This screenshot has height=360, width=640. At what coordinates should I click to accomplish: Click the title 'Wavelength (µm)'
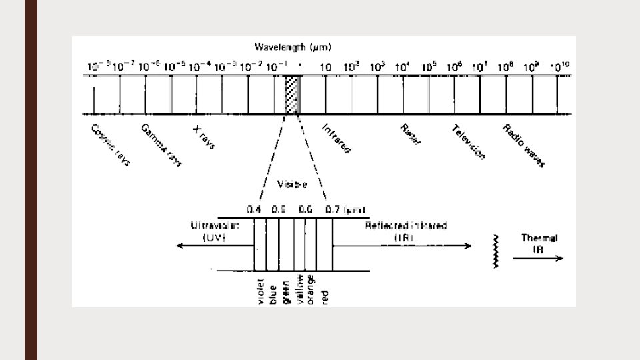pos(293,47)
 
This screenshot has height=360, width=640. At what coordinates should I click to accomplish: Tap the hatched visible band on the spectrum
pos(291,94)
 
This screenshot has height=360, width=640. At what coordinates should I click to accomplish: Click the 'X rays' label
pos(203,135)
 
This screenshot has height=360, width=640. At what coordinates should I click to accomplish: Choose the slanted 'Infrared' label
pos(336,138)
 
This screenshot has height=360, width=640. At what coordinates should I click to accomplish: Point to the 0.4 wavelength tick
pos(254,209)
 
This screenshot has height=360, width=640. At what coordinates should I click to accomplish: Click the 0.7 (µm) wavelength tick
pos(340,209)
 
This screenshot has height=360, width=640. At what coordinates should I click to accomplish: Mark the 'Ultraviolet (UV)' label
pos(212,231)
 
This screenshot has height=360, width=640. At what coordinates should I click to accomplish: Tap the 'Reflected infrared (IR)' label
pos(406,231)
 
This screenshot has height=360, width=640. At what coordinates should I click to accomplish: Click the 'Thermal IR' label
pos(540,243)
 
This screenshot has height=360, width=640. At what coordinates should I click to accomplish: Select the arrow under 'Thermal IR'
pos(541,260)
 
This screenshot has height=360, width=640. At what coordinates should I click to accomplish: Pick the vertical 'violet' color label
pos(261,291)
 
